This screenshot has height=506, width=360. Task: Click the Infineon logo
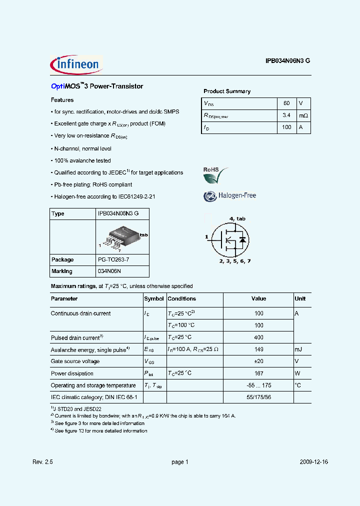click(76, 64)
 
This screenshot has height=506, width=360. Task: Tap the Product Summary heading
click(227, 91)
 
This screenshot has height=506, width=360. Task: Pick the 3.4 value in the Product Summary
click(286, 115)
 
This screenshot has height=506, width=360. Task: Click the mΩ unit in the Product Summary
click(303, 115)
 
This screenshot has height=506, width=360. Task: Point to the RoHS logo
click(215, 175)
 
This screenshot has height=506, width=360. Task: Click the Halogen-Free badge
click(230, 195)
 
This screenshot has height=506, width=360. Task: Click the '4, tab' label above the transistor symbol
click(237, 219)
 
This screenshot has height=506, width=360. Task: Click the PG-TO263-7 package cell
click(115, 260)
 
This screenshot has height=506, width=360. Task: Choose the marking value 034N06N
click(109, 271)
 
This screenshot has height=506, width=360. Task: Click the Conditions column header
click(181, 299)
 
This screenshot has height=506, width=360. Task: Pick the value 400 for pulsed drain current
click(258, 337)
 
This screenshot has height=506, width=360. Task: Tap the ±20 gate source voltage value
click(258, 361)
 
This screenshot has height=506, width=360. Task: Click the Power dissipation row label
click(72, 373)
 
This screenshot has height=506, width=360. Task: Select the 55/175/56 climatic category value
click(258, 397)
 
